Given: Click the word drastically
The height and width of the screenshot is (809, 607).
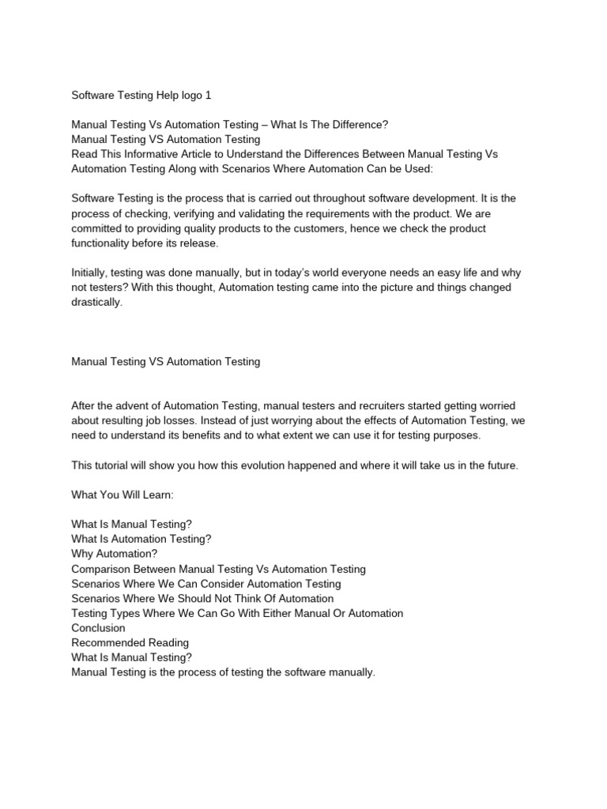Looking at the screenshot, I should tap(97, 302).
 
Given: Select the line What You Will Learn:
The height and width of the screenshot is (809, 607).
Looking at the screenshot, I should tap(122, 495).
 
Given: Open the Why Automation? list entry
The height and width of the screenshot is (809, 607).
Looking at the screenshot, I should tap(114, 554).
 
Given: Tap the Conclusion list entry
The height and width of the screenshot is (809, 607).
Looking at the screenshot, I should tap(98, 628).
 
